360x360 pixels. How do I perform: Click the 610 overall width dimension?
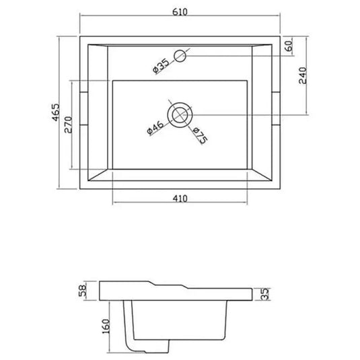180,12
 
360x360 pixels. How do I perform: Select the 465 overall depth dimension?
56,112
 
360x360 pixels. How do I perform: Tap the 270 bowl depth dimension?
68,124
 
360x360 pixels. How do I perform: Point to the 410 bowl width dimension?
180,199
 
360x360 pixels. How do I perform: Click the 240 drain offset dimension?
303,75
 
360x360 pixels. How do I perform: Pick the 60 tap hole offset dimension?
289,46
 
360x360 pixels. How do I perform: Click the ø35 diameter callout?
161,66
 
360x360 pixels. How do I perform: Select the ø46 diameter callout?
155,127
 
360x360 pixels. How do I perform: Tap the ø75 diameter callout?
201,135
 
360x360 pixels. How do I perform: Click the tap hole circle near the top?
180,56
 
